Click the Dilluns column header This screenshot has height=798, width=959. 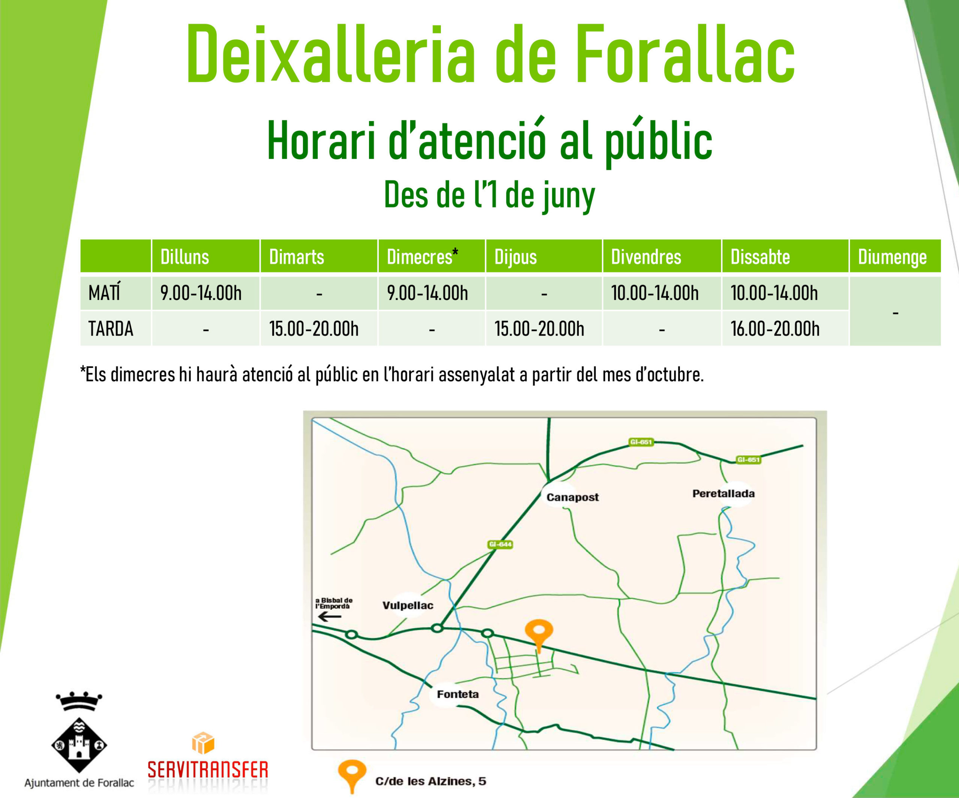[184, 257]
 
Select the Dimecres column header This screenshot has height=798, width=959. [423, 256]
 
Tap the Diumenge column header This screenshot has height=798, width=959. [892, 257]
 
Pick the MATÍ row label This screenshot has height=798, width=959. [105, 292]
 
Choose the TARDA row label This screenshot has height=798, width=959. [111, 328]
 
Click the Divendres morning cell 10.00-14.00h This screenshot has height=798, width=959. [655, 293]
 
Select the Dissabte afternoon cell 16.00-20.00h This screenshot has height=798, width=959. [775, 328]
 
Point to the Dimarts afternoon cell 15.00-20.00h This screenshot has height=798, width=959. [314, 328]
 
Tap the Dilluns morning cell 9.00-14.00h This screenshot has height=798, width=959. [201, 293]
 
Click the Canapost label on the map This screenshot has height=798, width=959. [572, 497]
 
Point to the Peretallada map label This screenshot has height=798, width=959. [723, 493]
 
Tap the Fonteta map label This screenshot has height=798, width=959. [457, 694]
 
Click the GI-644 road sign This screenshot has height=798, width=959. [500, 544]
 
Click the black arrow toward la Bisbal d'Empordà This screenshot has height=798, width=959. [329, 617]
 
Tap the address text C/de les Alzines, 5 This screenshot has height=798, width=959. [431, 781]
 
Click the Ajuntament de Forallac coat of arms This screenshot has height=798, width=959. [79, 733]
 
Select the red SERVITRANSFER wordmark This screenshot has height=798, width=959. [208, 769]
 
